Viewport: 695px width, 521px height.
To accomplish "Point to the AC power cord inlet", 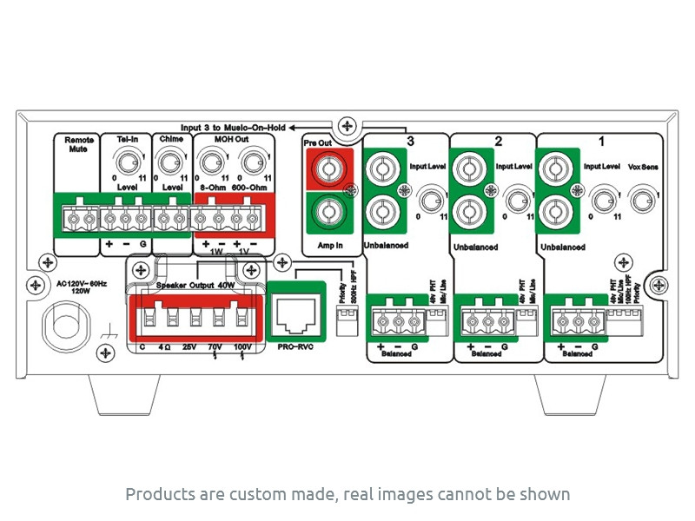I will (x=65, y=325).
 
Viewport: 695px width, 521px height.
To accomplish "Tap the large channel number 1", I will (x=602, y=140).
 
